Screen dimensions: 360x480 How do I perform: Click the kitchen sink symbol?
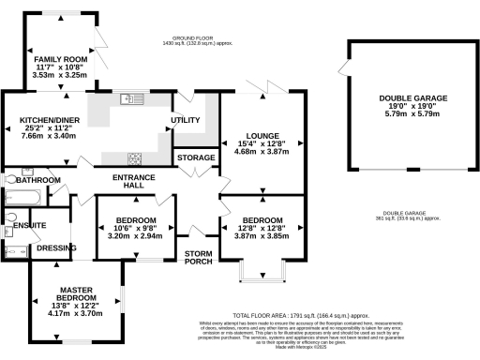pos(130,98)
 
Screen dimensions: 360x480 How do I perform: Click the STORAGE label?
pos(196,157)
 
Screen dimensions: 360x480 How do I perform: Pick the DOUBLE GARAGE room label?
pos(412,97)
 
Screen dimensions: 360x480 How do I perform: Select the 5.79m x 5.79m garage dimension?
pos(412,114)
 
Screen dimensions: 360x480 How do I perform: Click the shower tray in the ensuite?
pos(17,251)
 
